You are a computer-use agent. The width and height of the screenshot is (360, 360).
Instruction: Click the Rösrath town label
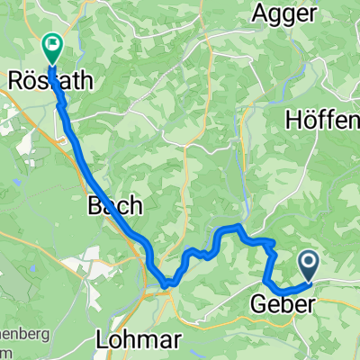tap(50, 80)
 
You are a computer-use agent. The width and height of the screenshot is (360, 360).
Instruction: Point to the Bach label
tap(114, 205)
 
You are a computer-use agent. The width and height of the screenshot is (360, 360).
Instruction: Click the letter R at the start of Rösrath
tap(13, 80)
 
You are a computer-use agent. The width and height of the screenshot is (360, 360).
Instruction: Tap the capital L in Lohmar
tap(101, 340)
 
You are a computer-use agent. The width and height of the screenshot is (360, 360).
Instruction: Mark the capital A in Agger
tap(261, 13)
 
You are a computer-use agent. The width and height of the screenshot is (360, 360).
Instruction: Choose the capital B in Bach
tap(94, 205)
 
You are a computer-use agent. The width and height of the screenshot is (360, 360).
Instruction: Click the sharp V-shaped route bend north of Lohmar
tap(167, 287)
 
